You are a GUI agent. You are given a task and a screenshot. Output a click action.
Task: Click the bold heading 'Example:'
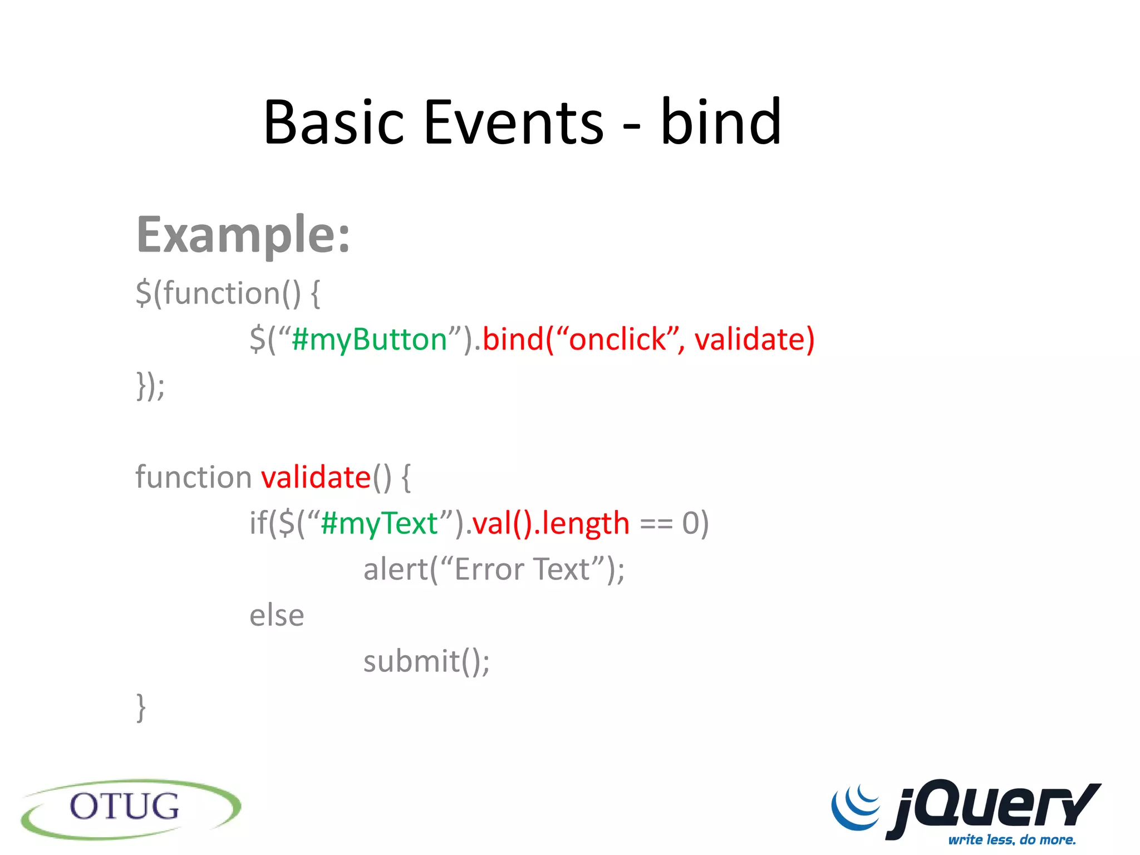click(x=243, y=235)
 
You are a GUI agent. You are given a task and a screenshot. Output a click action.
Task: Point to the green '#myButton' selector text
click(x=369, y=339)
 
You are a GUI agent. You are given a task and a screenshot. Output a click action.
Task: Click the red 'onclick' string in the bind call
click(x=617, y=339)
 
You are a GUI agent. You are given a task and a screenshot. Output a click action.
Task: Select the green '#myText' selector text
click(x=379, y=523)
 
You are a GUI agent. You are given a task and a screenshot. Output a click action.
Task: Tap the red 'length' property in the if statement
click(x=586, y=523)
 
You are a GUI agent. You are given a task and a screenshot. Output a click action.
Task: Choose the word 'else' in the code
click(x=277, y=616)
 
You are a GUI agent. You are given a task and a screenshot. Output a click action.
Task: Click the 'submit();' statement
click(x=426, y=661)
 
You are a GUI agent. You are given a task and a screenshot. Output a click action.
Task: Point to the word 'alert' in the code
click(x=396, y=569)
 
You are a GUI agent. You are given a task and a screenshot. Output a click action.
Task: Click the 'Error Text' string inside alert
click(x=522, y=569)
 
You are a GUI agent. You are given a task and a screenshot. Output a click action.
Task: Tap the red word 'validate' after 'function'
click(x=316, y=478)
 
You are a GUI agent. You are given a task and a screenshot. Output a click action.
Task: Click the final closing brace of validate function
click(x=141, y=707)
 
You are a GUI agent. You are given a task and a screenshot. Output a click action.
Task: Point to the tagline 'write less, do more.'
click(x=1012, y=839)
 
